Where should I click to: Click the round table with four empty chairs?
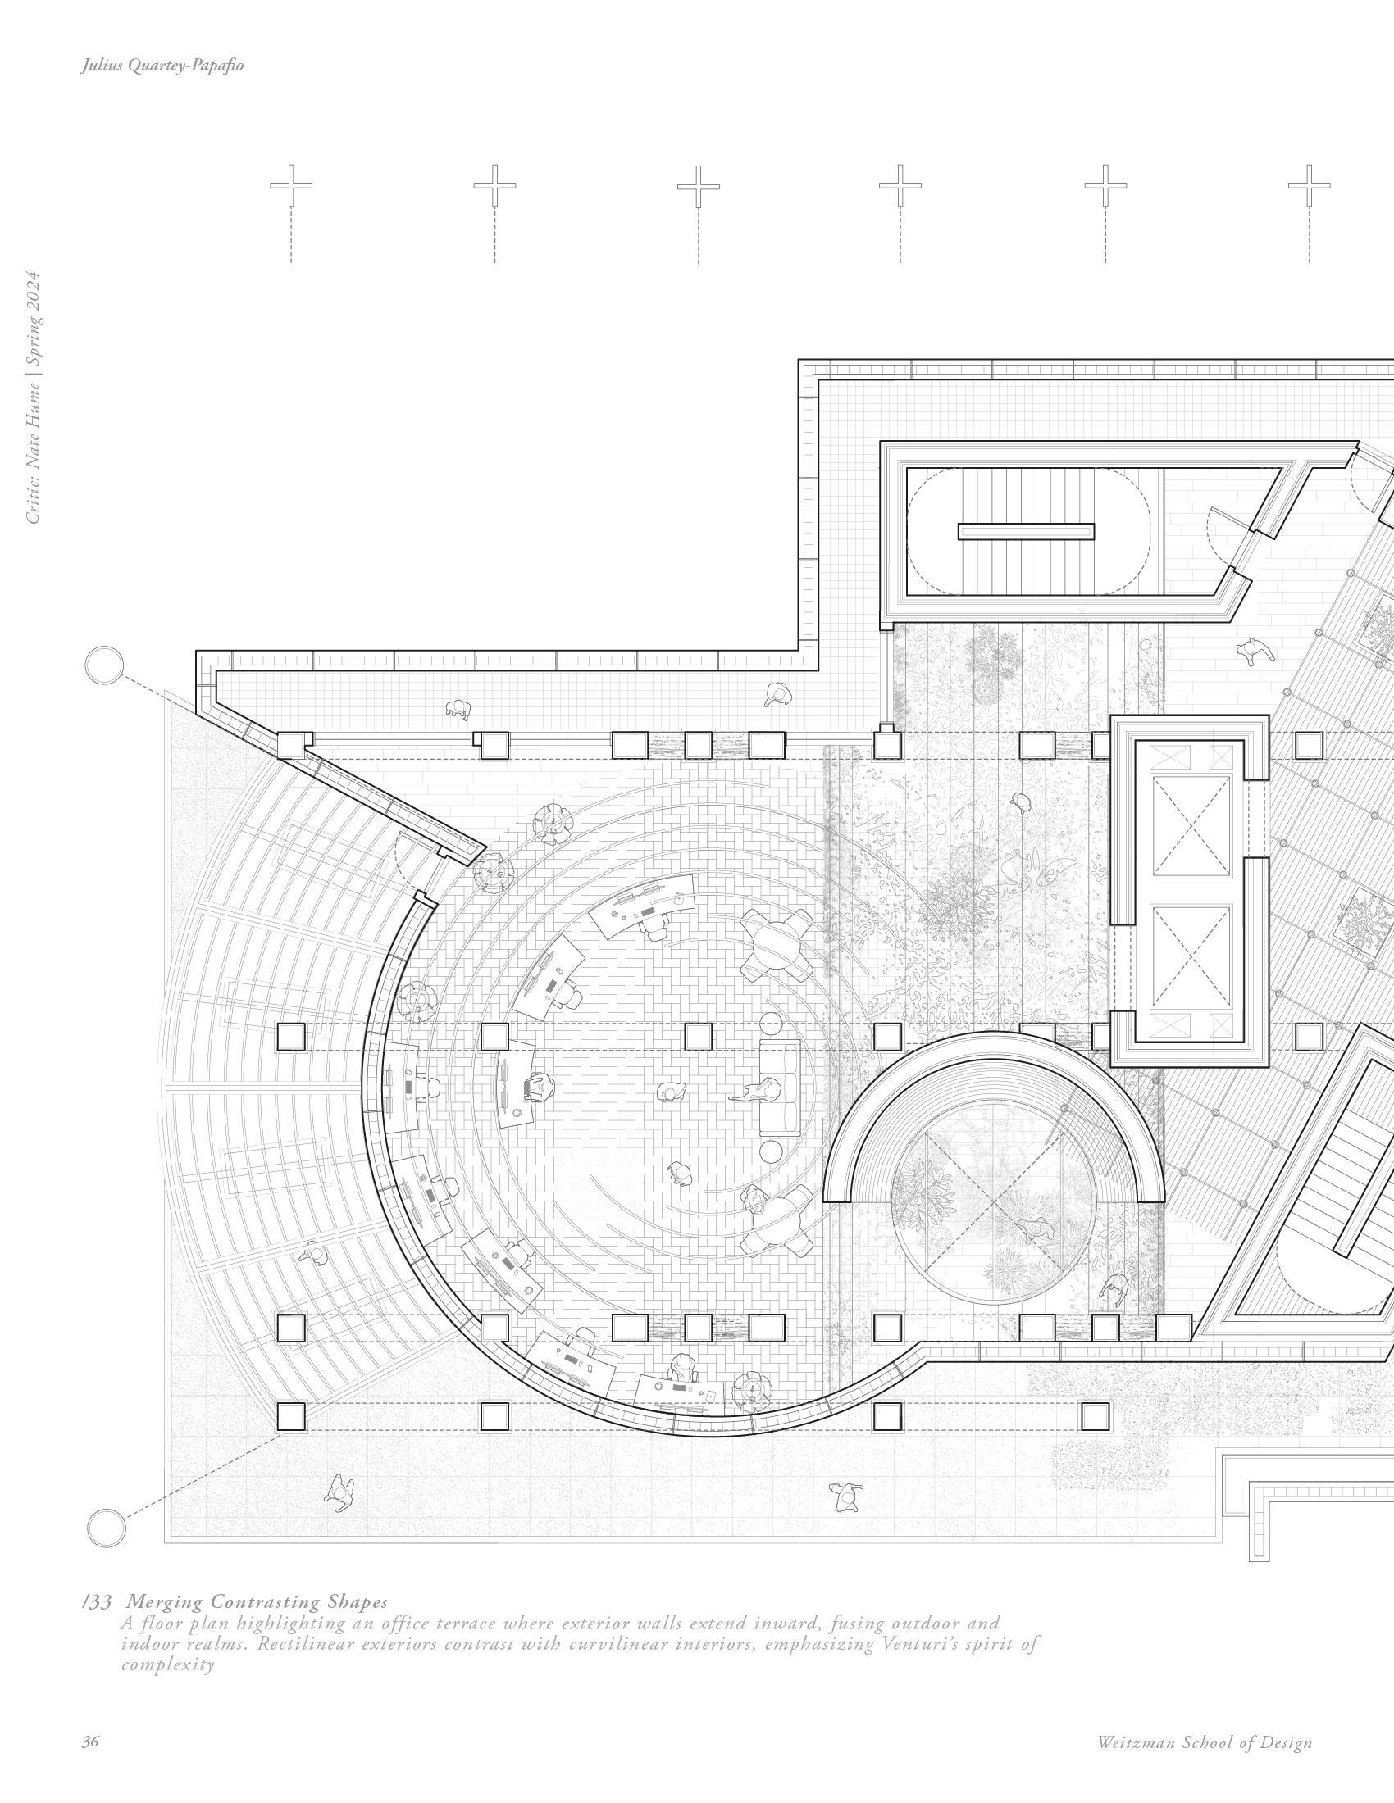[775, 940]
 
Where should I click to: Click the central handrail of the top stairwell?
[1026, 532]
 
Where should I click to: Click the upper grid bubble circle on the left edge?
[104, 665]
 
